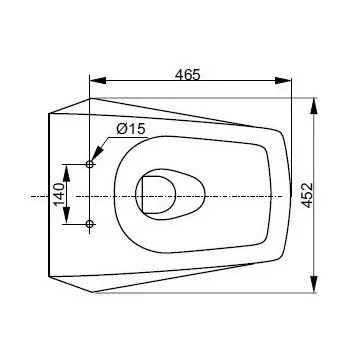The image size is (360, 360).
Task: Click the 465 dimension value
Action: (188, 75)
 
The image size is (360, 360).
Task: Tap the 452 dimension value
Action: (307, 195)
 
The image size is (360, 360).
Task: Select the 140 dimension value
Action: (59, 194)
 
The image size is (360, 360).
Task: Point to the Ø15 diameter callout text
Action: (131, 129)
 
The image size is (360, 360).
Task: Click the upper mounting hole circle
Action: (89, 164)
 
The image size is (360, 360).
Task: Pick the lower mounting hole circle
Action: (89, 224)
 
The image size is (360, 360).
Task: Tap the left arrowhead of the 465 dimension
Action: (98, 80)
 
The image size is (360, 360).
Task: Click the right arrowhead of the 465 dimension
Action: (283, 80)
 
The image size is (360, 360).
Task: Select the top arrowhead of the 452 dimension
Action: (314, 106)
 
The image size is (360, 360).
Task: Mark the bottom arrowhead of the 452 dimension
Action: (314, 284)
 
